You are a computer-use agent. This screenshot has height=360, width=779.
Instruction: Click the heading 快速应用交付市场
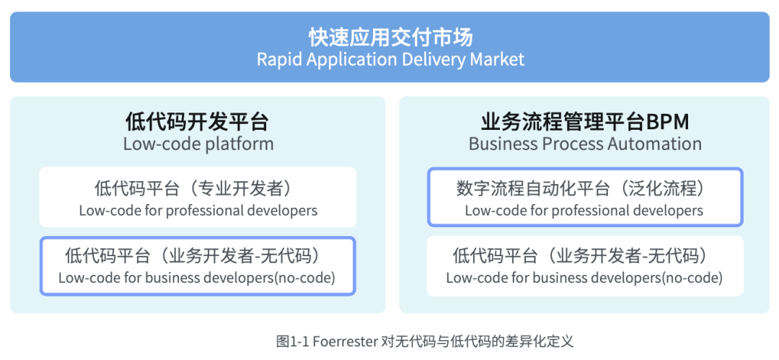point(390,36)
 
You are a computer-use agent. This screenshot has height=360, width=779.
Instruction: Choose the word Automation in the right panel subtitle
point(652,144)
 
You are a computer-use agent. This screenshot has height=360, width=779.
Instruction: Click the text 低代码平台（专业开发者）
point(198,189)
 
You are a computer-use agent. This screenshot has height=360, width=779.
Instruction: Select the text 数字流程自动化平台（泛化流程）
point(585,189)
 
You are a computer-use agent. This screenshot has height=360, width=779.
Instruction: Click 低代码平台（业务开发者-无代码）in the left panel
point(198,256)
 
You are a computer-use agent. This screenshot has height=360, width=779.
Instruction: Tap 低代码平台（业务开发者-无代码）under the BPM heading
point(585,256)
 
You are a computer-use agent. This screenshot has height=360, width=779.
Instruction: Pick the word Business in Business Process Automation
point(501,144)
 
